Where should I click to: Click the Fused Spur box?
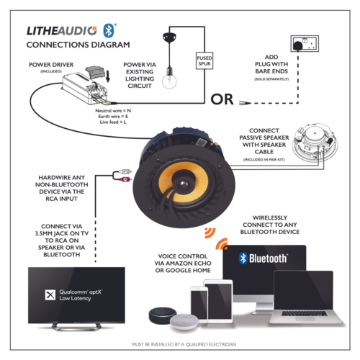[203, 61]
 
